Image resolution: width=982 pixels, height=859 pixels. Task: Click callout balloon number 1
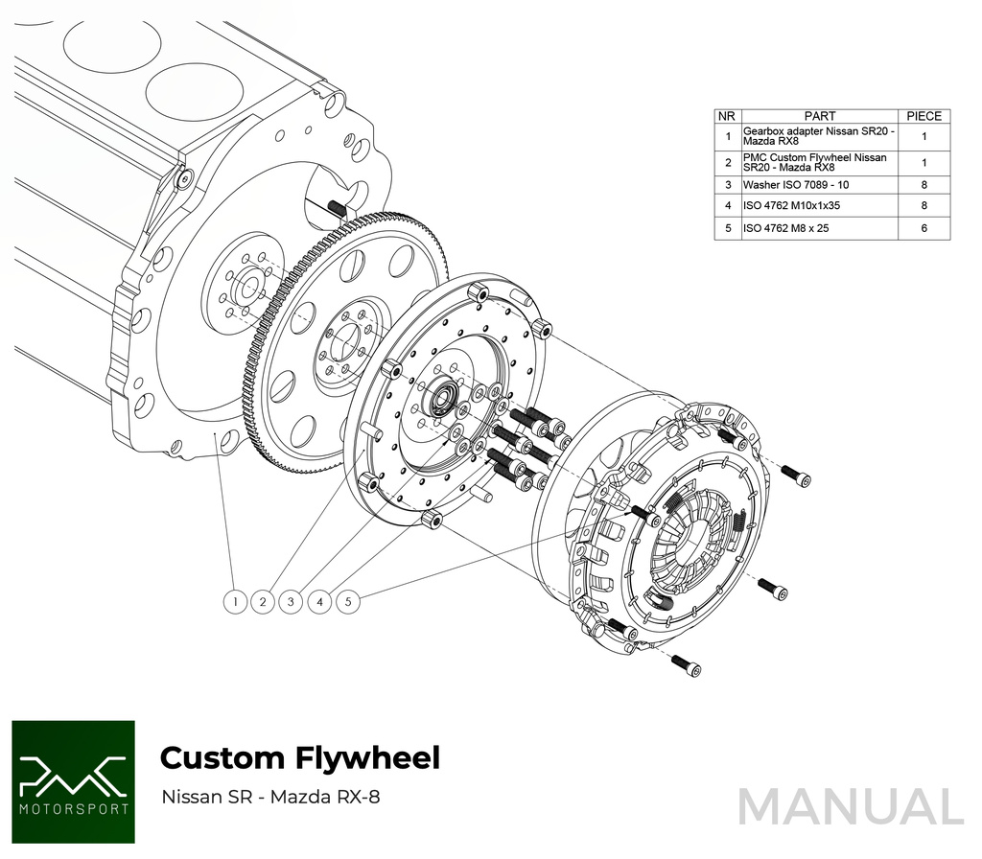click(x=235, y=602)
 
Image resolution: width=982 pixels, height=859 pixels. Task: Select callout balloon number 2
click(x=262, y=602)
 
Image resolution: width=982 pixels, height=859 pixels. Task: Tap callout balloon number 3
click(x=292, y=602)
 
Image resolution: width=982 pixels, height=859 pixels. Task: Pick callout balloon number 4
click(x=320, y=602)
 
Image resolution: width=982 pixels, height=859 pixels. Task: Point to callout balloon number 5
click(x=350, y=602)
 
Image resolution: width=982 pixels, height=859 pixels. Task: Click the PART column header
click(x=819, y=116)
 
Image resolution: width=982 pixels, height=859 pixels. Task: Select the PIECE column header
click(x=924, y=116)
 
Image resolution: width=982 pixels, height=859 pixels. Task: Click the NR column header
click(x=728, y=116)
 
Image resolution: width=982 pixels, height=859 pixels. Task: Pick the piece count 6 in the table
click(x=924, y=228)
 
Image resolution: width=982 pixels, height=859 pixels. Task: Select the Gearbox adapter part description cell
click(x=819, y=136)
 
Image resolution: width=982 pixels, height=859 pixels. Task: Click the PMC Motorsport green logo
click(x=73, y=781)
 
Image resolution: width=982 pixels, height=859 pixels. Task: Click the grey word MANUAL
click(x=850, y=806)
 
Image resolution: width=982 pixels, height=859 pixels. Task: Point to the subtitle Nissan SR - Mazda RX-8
click(x=270, y=797)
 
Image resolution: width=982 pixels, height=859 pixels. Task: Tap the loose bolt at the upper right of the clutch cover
click(x=795, y=473)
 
